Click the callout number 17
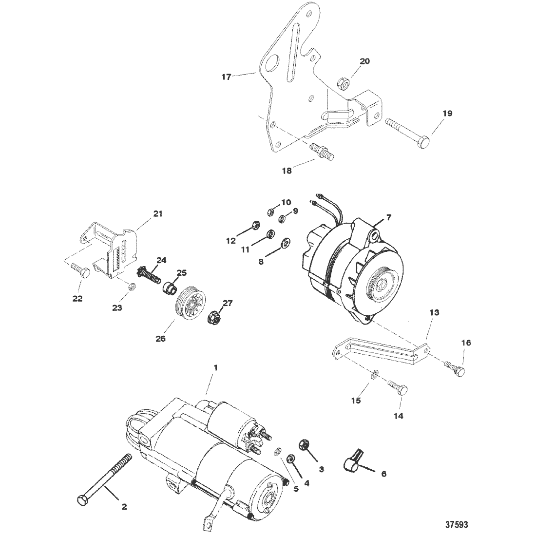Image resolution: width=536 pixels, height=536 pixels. coord(227,77)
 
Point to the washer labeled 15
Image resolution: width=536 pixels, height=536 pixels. coord(374,375)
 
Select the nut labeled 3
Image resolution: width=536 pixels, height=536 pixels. coord(304,444)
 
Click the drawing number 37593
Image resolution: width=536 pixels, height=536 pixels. coord(457,524)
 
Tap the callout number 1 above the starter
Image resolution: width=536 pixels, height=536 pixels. coord(215,368)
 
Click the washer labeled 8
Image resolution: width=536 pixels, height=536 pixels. coord(285,243)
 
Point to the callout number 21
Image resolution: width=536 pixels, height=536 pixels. coord(157,214)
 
